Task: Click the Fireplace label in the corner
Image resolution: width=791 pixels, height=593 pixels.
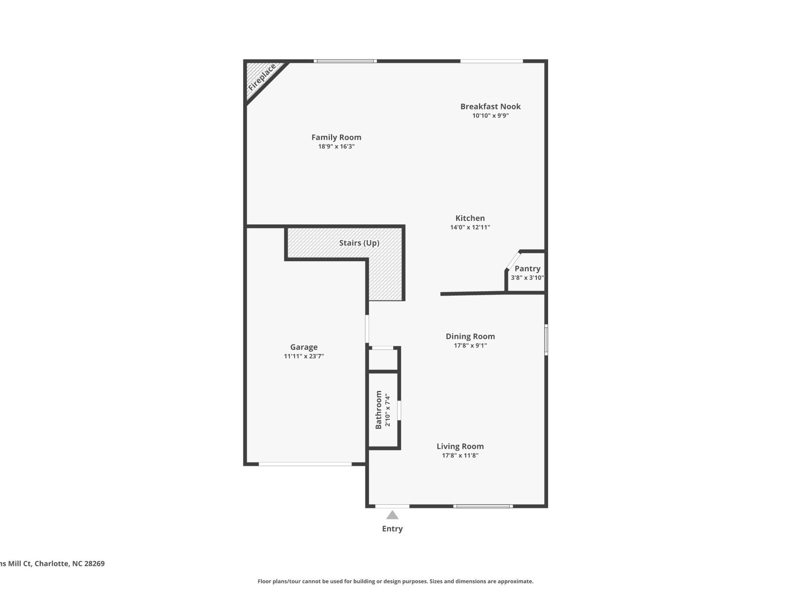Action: click(x=262, y=78)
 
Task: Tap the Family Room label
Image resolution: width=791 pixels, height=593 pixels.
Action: click(x=336, y=137)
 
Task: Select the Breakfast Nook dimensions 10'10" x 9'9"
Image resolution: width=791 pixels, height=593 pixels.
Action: click(x=490, y=115)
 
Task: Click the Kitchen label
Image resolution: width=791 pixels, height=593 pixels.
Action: click(x=470, y=218)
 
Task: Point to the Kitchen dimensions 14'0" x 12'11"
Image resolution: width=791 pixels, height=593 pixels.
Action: click(x=470, y=227)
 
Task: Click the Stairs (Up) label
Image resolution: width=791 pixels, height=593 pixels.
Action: click(x=359, y=243)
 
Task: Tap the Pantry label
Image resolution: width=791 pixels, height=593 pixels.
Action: click(x=527, y=269)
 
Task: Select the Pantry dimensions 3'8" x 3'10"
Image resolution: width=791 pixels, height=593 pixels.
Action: click(x=527, y=278)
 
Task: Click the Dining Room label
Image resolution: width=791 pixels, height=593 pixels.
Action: click(x=470, y=337)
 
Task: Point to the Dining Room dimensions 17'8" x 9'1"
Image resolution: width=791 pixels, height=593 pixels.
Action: click(x=470, y=346)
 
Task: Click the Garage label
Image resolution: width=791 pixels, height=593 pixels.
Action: click(x=304, y=347)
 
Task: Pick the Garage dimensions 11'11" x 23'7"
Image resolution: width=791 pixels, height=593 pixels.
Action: click(x=304, y=356)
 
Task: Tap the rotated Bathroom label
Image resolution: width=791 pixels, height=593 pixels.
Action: click(x=379, y=410)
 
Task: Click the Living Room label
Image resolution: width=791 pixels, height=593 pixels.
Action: click(x=460, y=446)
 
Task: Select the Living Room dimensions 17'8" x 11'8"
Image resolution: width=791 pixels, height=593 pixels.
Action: click(x=460, y=456)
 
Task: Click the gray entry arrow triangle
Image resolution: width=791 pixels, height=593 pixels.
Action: click(x=392, y=515)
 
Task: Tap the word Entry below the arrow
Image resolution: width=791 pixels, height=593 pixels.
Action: click(x=392, y=529)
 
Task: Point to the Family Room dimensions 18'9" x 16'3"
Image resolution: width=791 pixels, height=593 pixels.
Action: click(x=336, y=147)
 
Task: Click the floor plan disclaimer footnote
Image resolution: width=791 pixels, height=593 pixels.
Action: click(x=395, y=581)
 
